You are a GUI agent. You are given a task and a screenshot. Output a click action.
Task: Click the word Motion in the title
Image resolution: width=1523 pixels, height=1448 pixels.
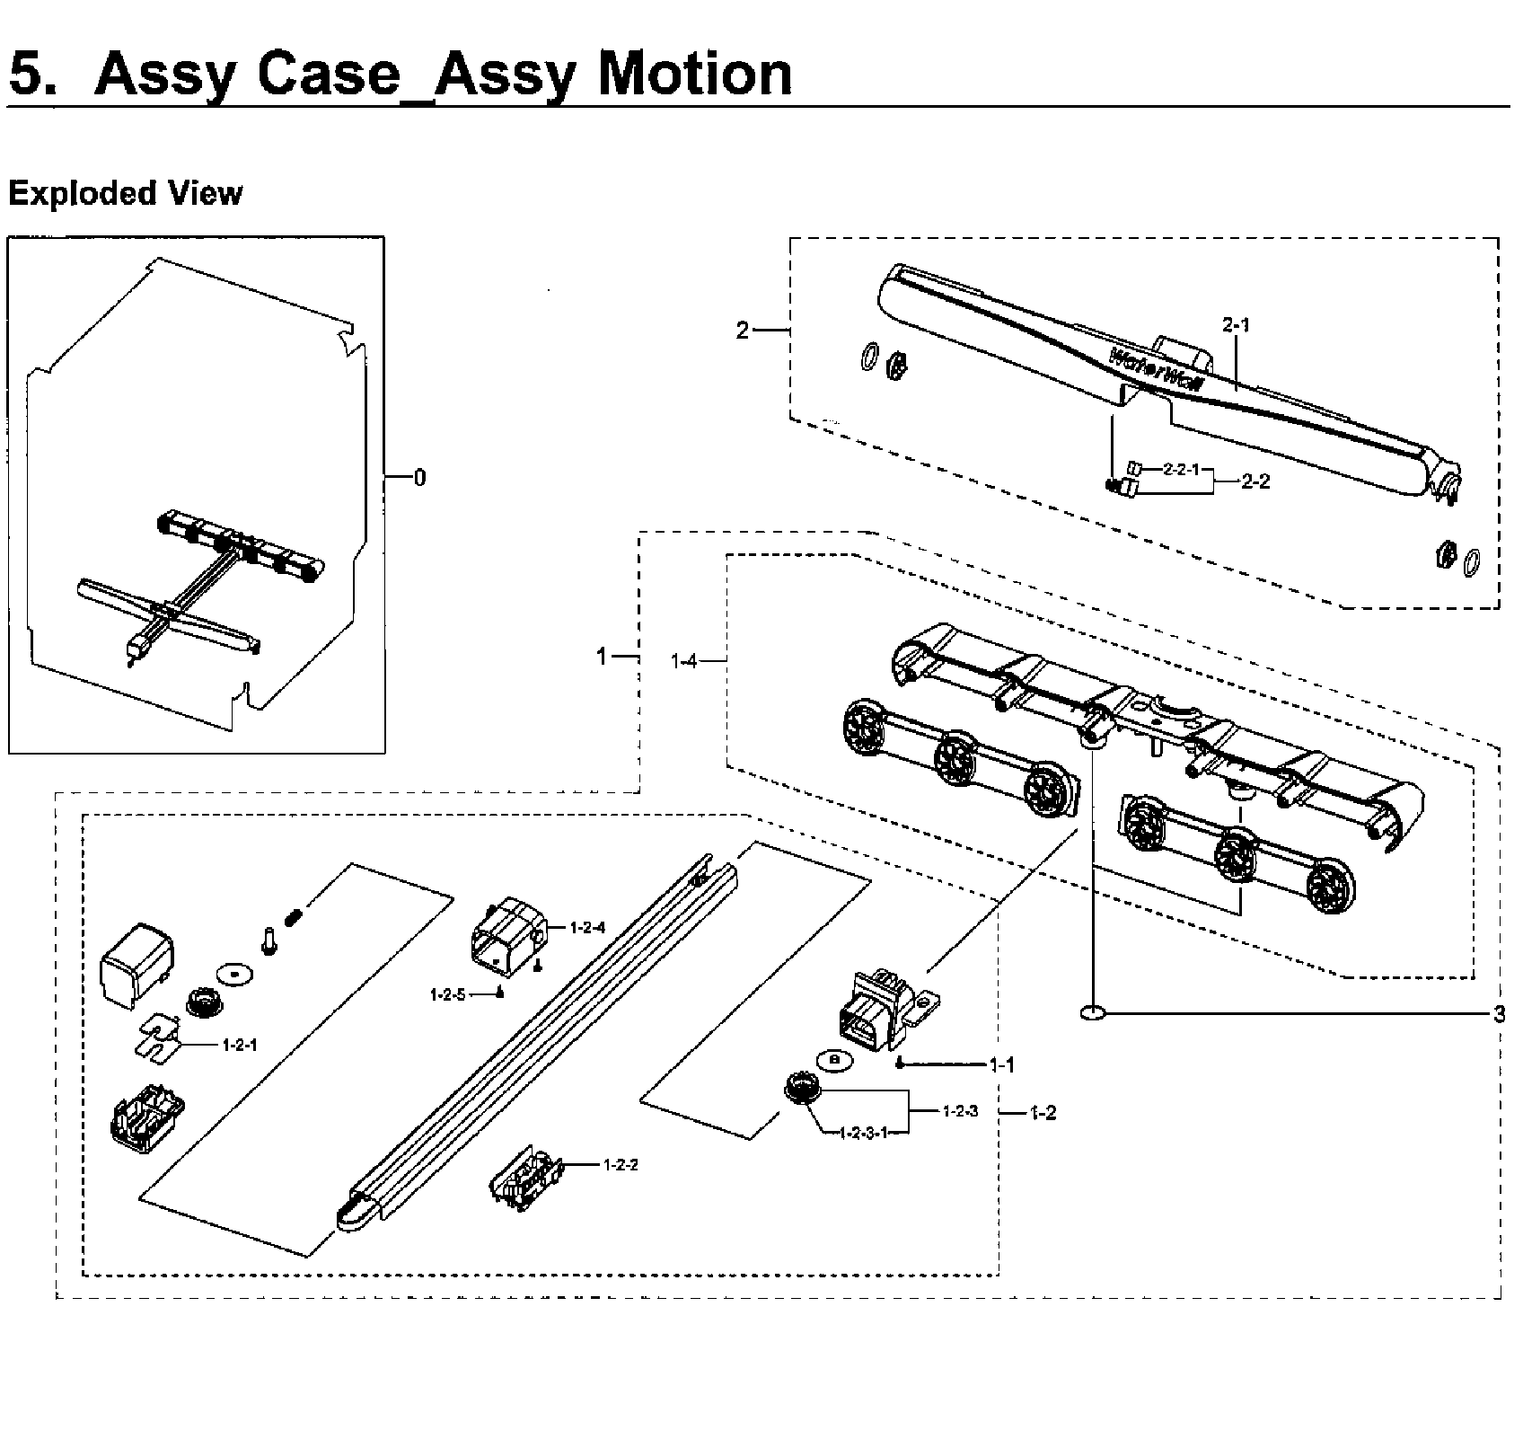tap(695, 74)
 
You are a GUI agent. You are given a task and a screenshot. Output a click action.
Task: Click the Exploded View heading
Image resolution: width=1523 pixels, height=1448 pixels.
tap(125, 193)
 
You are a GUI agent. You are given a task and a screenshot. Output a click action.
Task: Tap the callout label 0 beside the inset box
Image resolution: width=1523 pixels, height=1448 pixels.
tap(419, 478)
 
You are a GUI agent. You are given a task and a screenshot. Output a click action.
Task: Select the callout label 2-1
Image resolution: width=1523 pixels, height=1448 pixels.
tap(1236, 326)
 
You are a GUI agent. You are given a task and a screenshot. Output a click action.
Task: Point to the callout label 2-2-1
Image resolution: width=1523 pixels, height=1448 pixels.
tap(1181, 469)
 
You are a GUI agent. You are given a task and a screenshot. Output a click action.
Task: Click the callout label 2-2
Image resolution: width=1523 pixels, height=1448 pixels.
tap(1255, 481)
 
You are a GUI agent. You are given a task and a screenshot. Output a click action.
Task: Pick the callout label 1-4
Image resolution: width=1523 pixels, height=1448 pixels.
tap(683, 662)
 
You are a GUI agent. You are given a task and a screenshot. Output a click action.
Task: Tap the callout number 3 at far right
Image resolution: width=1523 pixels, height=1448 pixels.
tap(1499, 1015)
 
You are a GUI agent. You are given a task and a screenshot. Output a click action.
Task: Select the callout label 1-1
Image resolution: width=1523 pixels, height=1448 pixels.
tap(1001, 1065)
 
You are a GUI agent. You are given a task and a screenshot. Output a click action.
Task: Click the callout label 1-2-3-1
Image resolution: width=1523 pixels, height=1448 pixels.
tap(864, 1133)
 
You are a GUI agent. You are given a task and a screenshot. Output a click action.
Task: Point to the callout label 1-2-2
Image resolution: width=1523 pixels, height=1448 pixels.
tap(621, 1165)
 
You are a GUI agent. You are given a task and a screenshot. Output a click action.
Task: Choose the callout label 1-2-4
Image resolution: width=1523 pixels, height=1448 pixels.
tap(587, 928)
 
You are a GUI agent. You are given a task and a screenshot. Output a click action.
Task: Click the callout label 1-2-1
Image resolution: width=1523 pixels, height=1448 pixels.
tap(240, 1045)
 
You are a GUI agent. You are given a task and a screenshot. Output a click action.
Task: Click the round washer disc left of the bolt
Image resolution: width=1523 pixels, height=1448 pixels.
tap(234, 975)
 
